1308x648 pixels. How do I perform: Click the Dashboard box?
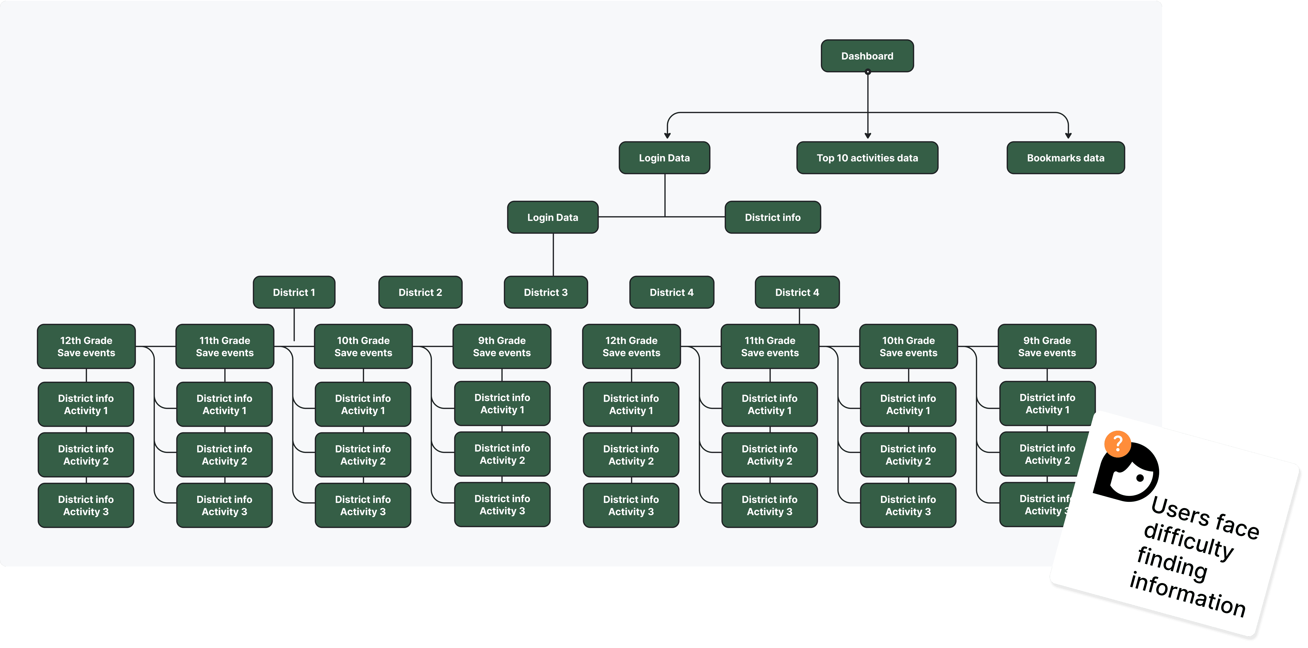[867, 56]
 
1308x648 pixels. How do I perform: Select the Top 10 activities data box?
[867, 158]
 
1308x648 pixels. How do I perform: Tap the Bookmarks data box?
[1065, 158]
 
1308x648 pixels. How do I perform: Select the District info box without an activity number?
[772, 217]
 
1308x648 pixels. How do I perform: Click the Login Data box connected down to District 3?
[553, 217]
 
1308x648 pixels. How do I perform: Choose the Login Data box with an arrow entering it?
[664, 158]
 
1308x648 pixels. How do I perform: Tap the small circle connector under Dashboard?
[868, 72]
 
